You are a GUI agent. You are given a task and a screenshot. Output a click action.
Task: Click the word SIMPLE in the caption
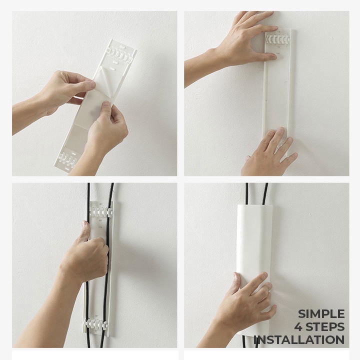tap(321, 314)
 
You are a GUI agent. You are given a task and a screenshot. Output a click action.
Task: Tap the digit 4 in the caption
tap(298, 327)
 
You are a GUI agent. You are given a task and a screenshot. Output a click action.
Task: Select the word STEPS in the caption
tap(325, 327)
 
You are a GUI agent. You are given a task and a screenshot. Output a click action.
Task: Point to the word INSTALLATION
tap(299, 340)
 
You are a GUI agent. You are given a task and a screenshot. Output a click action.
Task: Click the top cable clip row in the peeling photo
tap(119, 55)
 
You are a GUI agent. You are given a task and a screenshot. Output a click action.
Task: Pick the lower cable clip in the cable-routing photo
tap(96, 323)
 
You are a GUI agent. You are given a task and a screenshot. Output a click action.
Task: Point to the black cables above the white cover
tap(256, 193)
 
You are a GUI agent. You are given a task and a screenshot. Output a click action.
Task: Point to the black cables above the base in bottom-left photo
tap(100, 193)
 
